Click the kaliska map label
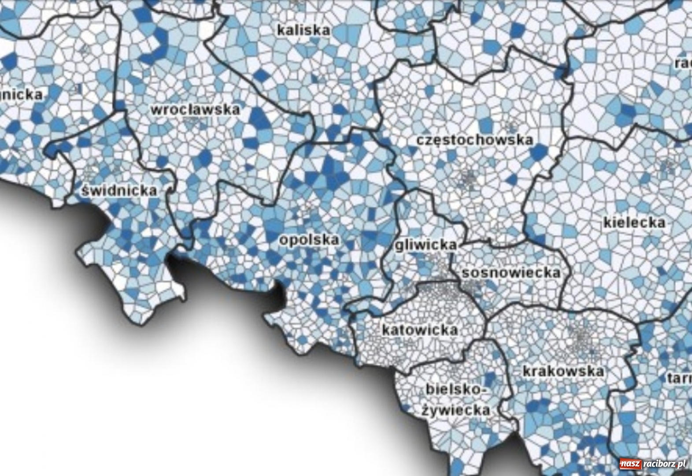(x=303, y=30)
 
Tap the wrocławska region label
(x=196, y=109)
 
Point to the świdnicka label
(x=119, y=190)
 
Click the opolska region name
(x=309, y=240)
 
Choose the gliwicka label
(x=426, y=245)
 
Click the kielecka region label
(x=634, y=222)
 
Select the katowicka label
(x=420, y=330)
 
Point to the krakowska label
(x=563, y=371)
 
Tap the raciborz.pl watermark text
(x=665, y=464)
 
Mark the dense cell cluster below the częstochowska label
(x=468, y=178)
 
